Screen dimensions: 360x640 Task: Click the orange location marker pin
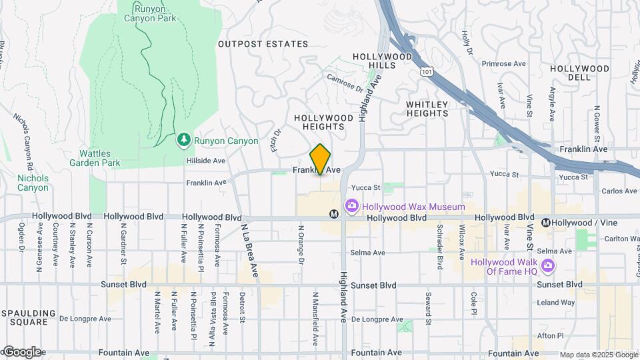320,159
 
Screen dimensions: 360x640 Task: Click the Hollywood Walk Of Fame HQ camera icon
548,267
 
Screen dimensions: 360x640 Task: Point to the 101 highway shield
425,69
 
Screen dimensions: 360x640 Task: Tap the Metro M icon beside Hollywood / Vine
546,223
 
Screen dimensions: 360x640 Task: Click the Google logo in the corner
21,351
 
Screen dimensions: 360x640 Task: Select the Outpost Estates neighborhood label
263,44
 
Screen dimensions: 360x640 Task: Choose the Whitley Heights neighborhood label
427,109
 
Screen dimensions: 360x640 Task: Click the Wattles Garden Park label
97,157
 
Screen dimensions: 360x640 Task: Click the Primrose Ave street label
503,64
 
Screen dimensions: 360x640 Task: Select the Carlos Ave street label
619,191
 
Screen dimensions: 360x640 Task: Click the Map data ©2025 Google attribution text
599,354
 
